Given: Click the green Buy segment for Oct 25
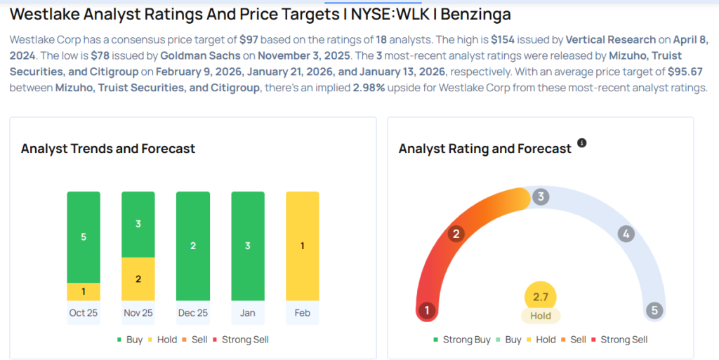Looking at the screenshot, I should coord(84,237).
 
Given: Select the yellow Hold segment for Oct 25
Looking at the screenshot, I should coord(84,291).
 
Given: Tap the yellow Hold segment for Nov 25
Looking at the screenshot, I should coord(138,279).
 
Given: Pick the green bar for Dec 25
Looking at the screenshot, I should coord(193,246).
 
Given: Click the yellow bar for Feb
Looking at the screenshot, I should coord(302,246).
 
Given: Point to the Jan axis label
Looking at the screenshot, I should coord(247,313).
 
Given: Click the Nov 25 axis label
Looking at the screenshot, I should coord(138,313).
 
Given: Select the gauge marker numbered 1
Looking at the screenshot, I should coord(426,310).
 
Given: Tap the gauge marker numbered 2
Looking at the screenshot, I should coord(456,234).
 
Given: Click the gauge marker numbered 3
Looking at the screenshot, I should coord(540,196).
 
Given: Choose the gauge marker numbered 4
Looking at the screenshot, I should coord(626,234).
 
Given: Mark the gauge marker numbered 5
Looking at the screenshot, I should coord(654,310).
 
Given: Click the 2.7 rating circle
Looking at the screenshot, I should coord(540,297).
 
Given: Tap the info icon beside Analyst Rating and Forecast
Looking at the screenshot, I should coord(581,143).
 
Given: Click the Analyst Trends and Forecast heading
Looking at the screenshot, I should coord(108,148).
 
